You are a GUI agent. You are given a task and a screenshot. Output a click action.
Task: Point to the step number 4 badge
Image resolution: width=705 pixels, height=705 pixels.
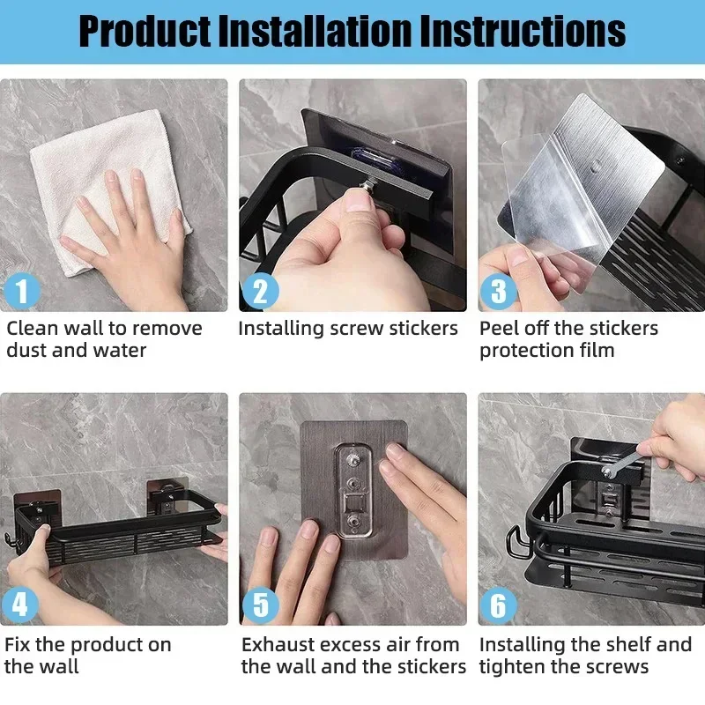coord(21,605)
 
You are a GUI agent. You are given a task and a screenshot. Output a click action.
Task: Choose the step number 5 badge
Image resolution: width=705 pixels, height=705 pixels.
coord(260,605)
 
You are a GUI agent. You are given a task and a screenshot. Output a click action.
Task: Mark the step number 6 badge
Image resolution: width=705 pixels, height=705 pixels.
coord(499,605)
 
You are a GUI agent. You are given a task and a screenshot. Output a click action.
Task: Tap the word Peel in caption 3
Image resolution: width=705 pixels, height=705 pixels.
coord(497,329)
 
